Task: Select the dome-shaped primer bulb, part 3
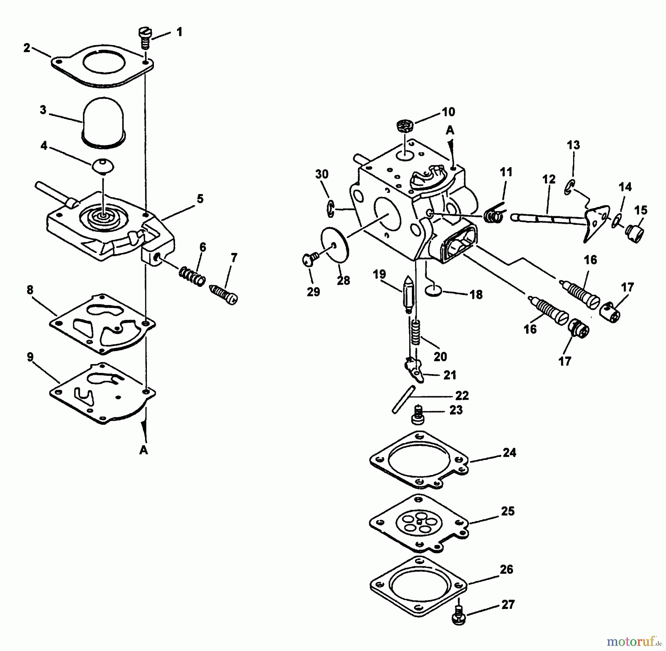pyautogui.click(x=104, y=124)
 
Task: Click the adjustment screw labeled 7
pyautogui.click(x=224, y=294)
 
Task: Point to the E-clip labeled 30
pyautogui.click(x=330, y=209)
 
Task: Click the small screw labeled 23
pyautogui.click(x=417, y=416)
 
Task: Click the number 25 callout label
pyautogui.click(x=508, y=511)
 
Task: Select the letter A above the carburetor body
pyautogui.click(x=450, y=130)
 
